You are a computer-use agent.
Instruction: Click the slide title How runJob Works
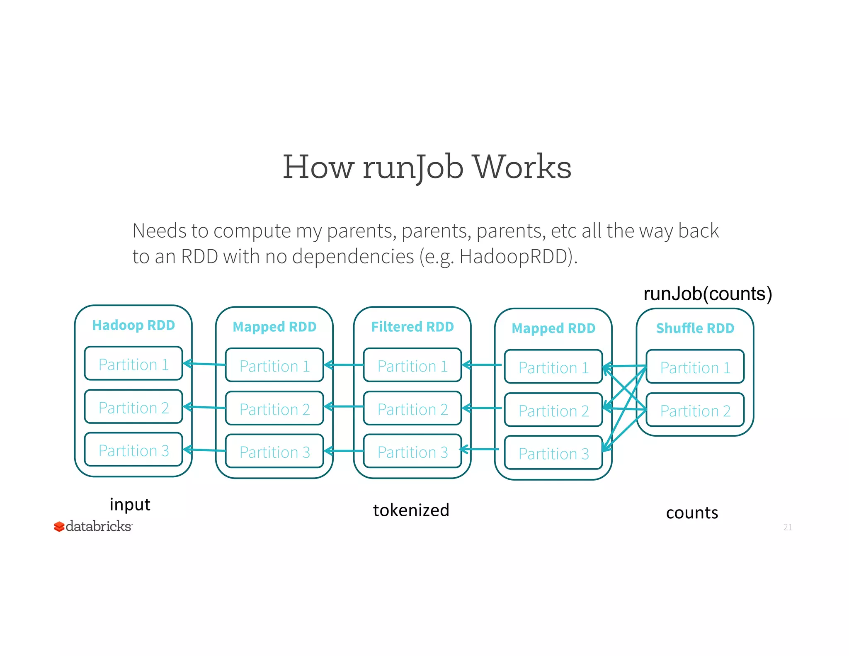point(427,167)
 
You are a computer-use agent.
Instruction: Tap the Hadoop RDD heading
point(133,325)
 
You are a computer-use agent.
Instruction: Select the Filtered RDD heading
point(412,327)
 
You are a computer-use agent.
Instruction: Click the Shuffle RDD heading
point(695,328)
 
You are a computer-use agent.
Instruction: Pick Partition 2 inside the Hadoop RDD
point(133,407)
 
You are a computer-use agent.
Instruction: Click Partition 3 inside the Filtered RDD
point(412,452)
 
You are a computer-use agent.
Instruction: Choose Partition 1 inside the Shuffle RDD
point(695,367)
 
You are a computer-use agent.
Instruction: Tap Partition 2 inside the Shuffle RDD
point(695,411)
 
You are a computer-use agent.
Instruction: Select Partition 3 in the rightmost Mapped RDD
point(553,453)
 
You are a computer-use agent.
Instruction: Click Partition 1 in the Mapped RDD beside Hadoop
point(274,366)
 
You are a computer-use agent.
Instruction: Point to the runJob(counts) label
point(707,294)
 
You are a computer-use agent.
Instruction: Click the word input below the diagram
point(130,504)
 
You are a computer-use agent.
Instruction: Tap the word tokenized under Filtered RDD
point(411,510)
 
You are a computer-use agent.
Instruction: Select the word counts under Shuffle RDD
point(692,513)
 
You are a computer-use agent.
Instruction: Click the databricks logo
point(93,526)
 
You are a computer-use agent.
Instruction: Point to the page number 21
point(787,527)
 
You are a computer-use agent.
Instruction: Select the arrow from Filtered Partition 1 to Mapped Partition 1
point(344,365)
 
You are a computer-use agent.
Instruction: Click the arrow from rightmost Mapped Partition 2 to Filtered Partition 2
point(482,408)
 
